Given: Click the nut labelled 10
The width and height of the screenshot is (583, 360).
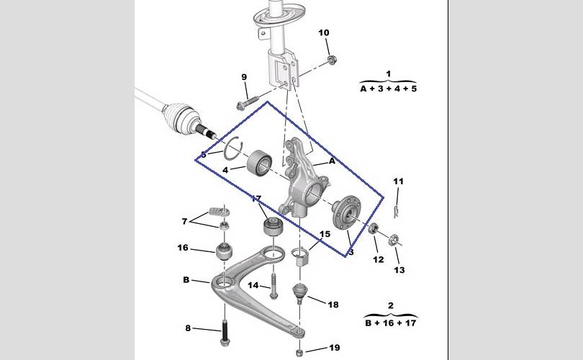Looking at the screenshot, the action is pos(332,59).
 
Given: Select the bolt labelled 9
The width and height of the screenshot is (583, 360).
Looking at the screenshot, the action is pos(248,102).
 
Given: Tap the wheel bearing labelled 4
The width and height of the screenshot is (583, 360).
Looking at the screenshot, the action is pos(260,163).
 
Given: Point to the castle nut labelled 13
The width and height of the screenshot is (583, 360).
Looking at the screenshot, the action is pos(394,240).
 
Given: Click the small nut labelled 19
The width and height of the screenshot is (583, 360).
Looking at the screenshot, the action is pos(299,352).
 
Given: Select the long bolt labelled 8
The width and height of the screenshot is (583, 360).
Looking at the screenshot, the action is pos(225,332).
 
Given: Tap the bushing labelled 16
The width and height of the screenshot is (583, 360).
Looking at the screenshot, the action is pos(224,252).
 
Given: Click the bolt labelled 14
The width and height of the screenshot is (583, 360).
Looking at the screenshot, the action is pos(274,286).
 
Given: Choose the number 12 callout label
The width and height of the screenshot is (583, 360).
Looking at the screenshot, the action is pos(378,260).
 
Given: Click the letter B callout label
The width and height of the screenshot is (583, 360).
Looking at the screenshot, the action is pos(186,279).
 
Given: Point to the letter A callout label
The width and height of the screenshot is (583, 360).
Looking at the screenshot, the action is pos(332,161).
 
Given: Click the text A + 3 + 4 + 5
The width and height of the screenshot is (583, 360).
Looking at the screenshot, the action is pos(389,89).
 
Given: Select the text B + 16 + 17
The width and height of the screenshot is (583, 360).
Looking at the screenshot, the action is pos(390,323).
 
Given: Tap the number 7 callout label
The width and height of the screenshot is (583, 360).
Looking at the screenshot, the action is pos(184,221).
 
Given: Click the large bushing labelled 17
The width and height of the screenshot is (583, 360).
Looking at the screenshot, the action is pos(274,227).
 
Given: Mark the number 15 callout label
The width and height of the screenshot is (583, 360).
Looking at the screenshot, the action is pos(325,234).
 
